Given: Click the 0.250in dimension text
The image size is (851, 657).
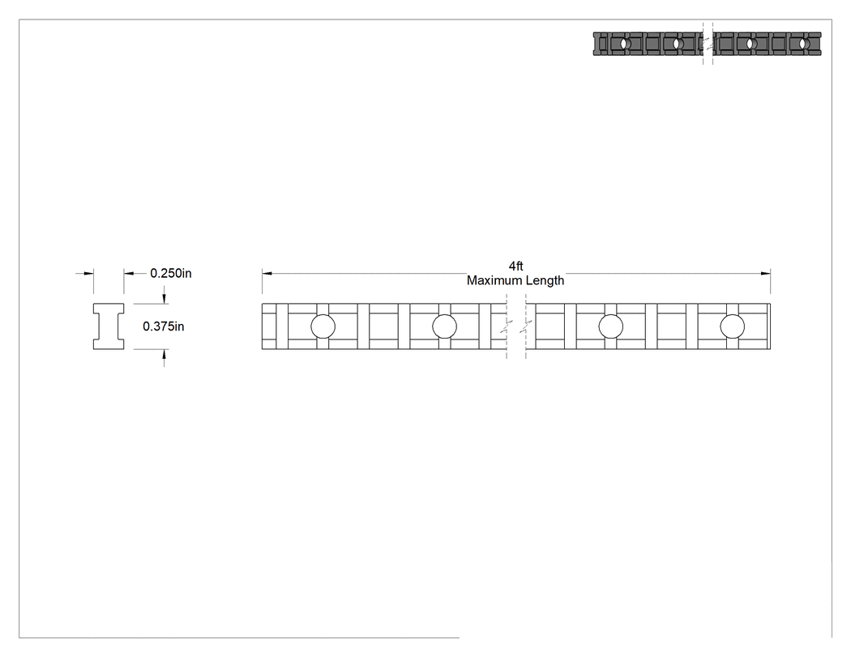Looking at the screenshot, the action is click(171, 273).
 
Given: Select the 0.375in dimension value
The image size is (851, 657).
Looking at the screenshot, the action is click(164, 326).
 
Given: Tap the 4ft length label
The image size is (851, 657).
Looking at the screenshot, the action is click(515, 266).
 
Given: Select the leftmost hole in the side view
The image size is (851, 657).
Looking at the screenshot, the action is click(323, 326).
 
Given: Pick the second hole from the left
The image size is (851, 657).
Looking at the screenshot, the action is click(444, 326).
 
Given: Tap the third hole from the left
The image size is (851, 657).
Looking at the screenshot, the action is click(610, 326).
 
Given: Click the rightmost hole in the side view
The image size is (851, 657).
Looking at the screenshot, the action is click(732, 326).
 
